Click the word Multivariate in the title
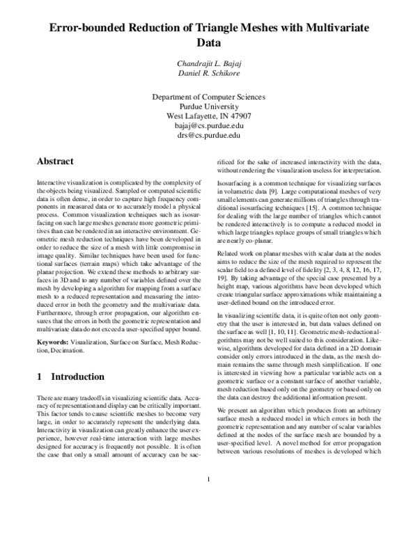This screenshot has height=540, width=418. (x=332, y=28)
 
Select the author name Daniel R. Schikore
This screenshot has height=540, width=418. (x=209, y=74)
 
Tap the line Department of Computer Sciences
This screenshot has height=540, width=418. (x=209, y=97)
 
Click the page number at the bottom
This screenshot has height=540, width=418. (x=209, y=518)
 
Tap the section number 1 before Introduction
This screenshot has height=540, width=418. (x=39, y=376)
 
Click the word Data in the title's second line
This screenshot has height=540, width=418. (x=209, y=44)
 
